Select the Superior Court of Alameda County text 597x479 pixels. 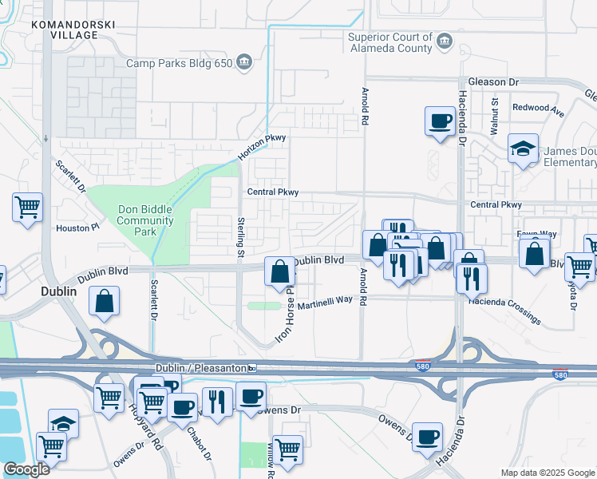[390, 42]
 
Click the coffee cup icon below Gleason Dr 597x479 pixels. [439, 121]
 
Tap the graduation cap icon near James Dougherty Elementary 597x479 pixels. [523, 148]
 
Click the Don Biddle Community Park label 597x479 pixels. [145, 220]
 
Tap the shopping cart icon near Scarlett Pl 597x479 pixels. [28, 208]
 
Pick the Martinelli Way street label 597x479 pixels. [325, 303]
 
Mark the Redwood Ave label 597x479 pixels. [535, 108]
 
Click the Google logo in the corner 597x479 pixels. [26, 469]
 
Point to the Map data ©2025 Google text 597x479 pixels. [547, 473]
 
